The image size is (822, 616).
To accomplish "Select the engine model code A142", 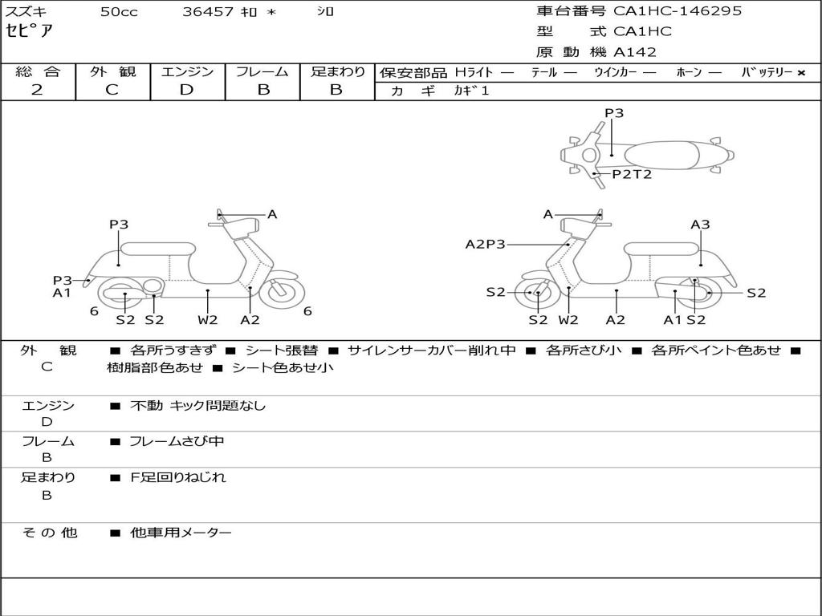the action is [635, 52].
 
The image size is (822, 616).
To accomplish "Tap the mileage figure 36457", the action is [208, 12].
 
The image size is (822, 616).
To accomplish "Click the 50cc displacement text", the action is [119, 12].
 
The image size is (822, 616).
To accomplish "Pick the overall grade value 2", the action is [37, 90].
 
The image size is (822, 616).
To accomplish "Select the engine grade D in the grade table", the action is [187, 90].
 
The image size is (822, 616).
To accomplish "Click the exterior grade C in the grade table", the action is [112, 90].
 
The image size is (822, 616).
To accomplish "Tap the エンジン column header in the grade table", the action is [187, 72].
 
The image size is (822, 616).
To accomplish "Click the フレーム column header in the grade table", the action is [262, 72].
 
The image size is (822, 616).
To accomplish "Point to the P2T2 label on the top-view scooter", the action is [632, 174].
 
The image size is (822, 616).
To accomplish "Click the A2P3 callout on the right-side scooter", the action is [486, 245].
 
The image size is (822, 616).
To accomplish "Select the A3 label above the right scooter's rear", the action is [700, 225].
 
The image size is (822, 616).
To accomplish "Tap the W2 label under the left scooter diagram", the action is [208, 320].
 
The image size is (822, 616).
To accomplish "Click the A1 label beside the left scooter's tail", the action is [63, 294].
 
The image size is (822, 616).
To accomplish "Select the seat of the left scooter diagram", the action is [156, 249].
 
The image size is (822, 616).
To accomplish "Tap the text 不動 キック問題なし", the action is [197, 406].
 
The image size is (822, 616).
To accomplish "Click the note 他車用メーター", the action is [181, 533].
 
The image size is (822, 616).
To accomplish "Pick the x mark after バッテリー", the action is [801, 73].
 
